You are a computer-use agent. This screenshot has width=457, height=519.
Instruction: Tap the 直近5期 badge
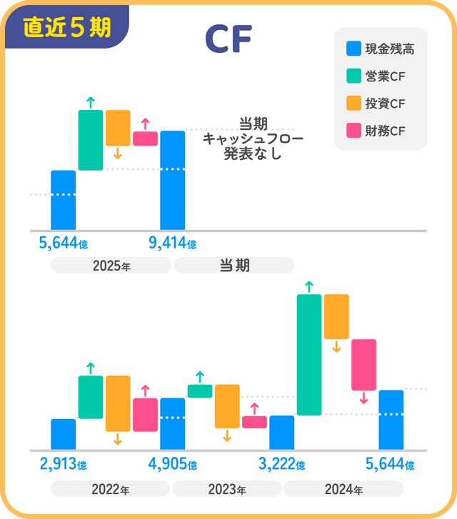pos(66,27)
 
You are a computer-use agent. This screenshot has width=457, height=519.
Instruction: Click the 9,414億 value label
pos(172,243)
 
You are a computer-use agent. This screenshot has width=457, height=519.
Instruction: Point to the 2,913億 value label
pos(63,465)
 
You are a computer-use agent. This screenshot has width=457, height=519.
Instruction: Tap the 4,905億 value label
pos(172,465)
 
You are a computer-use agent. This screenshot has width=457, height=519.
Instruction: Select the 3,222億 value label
pos(281,465)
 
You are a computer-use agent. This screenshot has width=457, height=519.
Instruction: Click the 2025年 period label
pos(111,266)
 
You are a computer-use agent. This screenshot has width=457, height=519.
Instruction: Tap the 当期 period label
pos(233,266)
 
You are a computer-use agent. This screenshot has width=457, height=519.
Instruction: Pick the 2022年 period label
pos(110,490)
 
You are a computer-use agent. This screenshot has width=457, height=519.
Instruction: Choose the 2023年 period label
pos(226,490)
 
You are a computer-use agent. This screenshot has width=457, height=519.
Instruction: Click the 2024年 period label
pos(343,490)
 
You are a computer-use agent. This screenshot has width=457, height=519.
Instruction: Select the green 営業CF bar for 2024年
pos(308,354)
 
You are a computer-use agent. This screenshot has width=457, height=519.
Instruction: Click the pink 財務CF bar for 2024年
pos(363,364)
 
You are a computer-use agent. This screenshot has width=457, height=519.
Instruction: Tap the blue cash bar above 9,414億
pos(173,180)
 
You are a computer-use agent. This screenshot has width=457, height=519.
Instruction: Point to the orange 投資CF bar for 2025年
pos(118,128)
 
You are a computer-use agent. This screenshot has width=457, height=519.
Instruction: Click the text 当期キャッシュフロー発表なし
pos(243,138)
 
